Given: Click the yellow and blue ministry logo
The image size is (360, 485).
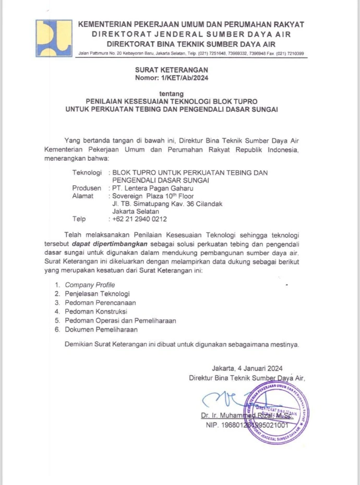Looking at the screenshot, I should (x=53, y=37).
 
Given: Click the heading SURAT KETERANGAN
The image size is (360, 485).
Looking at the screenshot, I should (x=171, y=69).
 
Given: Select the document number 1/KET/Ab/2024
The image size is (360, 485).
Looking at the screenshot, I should (x=181, y=78).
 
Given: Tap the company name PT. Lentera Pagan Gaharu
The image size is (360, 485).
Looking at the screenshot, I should (x=149, y=188).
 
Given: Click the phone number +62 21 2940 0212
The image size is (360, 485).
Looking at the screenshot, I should (x=140, y=219).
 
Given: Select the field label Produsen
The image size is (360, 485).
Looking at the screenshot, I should (x=87, y=188).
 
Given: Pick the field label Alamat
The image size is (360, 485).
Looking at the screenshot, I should (x=83, y=196).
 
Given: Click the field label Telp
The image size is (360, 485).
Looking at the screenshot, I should (x=79, y=219).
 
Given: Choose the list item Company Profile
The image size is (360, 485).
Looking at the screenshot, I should (x=89, y=285).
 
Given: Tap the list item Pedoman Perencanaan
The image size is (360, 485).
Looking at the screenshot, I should (x=100, y=303).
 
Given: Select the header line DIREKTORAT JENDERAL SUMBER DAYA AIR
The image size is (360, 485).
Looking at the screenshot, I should (x=191, y=34).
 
